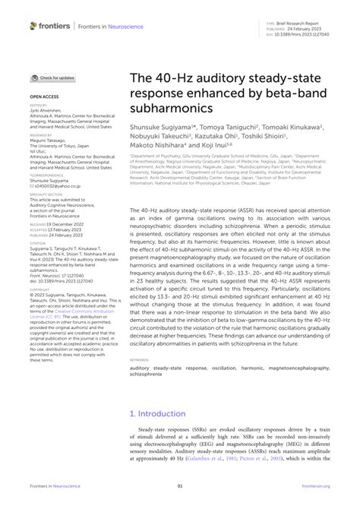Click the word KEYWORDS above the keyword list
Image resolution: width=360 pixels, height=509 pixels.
142,360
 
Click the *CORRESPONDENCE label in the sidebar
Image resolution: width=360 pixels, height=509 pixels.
46,175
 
